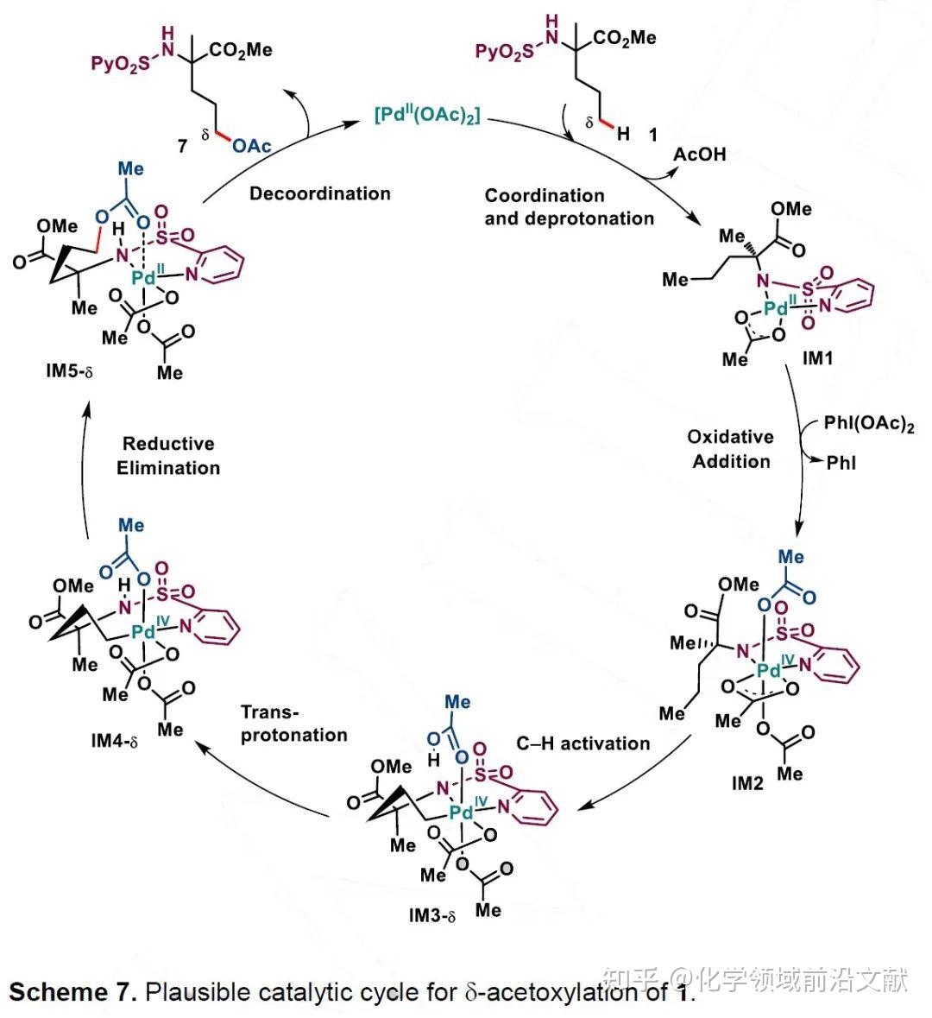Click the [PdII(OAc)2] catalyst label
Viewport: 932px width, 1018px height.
coord(427,116)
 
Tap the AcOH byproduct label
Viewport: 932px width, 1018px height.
coord(700,154)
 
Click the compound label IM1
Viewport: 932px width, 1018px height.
coord(817,357)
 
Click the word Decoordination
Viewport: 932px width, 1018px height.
coord(320,193)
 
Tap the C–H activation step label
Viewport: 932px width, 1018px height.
coord(583,743)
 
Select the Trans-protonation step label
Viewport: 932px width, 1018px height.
coord(293,724)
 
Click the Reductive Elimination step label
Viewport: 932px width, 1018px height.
coord(168,456)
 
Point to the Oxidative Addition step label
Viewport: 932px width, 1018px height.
coord(730,449)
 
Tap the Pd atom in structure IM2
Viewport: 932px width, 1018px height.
coord(768,669)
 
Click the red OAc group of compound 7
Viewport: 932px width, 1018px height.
coord(251,146)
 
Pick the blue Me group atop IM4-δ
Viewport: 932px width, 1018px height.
coord(131,525)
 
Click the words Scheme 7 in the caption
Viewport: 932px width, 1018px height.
coord(72,991)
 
